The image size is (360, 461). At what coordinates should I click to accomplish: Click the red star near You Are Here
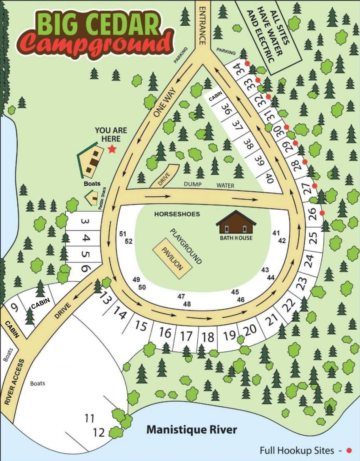pyautogui.click(x=112, y=149)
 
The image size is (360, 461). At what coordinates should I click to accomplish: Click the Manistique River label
pyautogui.click(x=192, y=430)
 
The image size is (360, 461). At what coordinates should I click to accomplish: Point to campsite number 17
pyautogui.click(x=186, y=336)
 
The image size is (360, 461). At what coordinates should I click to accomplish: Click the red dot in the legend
pyautogui.click(x=349, y=451)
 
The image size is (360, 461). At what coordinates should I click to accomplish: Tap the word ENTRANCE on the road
pyautogui.click(x=202, y=26)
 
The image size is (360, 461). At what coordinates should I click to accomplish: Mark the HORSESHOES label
pyautogui.click(x=177, y=214)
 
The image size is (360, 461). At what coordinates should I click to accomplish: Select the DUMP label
pyautogui.click(x=193, y=184)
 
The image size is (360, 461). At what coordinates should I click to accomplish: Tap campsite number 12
pyautogui.click(x=98, y=432)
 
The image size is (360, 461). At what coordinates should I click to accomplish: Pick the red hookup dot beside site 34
pyautogui.click(x=247, y=63)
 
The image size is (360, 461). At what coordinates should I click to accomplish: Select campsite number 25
pyautogui.click(x=314, y=238)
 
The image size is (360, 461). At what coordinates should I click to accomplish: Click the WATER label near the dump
pyautogui.click(x=225, y=186)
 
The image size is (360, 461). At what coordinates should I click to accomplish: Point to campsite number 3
pyautogui.click(x=85, y=222)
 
